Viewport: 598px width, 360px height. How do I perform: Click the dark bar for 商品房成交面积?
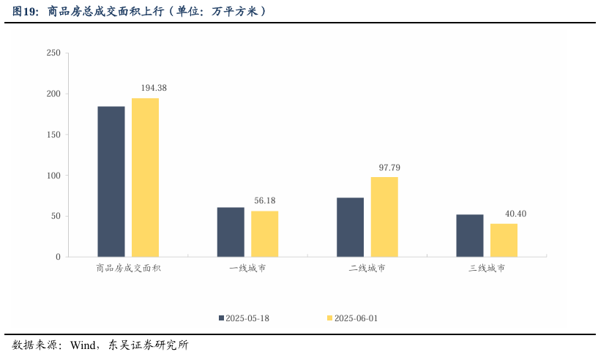coord(111,181)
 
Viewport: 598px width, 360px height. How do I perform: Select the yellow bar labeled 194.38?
coord(145,177)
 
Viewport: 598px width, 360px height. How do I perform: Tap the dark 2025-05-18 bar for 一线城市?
coord(231,232)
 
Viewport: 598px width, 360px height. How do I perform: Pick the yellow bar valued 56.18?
coord(264,233)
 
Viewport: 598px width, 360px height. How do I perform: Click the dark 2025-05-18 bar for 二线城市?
coord(350,227)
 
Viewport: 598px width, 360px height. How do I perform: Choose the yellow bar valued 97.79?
coord(384,217)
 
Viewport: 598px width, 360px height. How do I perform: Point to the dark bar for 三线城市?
coord(469,236)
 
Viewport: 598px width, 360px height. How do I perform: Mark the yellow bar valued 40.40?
coord(504,240)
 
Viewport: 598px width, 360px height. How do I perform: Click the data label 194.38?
coord(154,88)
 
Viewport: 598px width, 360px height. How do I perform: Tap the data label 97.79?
coord(389,168)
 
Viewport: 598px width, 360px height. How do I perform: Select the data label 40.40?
coord(515,214)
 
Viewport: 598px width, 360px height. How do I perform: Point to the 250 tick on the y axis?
coord(53,53)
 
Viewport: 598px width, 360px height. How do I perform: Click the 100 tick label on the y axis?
coord(53,176)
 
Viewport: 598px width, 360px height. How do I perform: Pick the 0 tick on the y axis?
coord(58,257)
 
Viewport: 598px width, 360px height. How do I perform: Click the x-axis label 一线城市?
coord(247,269)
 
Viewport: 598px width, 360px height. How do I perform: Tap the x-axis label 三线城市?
coord(487,269)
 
